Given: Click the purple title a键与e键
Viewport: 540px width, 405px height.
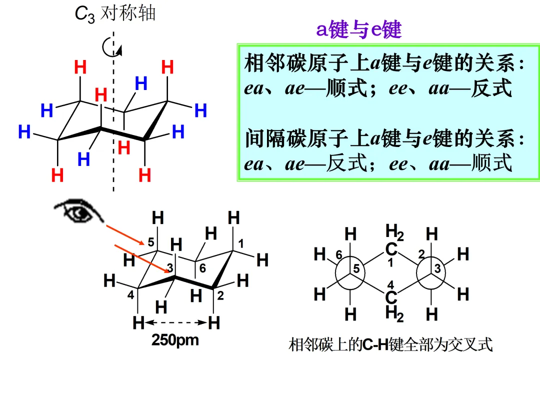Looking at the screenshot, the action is tap(359, 30).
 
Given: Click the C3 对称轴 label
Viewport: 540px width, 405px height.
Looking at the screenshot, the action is tap(115, 13).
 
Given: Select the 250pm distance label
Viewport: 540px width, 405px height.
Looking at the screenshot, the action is tap(175, 340).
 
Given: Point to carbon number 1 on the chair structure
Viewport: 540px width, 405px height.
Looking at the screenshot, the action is tap(240, 244).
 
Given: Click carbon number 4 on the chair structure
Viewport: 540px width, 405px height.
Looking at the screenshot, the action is tap(130, 294).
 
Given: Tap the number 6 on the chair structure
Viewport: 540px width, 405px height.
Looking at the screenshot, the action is tap(202, 268).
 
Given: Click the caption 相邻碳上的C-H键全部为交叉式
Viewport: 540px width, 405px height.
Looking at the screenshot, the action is tap(390, 344).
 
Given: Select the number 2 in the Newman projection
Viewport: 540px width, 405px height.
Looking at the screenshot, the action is tap(421, 254).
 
